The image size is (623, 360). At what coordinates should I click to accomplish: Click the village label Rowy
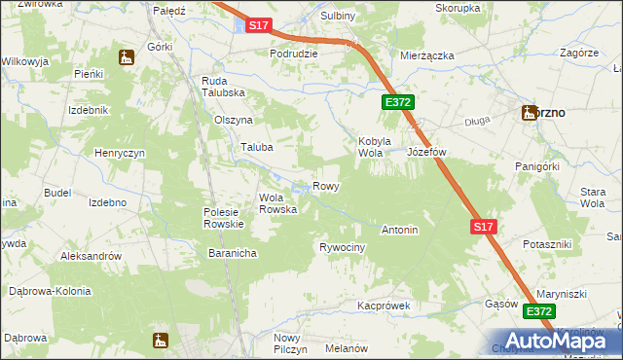coord(325,185)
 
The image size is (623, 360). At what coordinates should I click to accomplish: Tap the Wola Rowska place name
coord(277,203)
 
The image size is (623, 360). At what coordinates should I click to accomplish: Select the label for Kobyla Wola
coord(375,147)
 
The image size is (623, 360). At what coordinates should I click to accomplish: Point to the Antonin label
coord(399,231)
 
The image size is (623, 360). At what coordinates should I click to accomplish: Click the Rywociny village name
coord(342,248)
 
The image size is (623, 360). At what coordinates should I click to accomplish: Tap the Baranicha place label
coord(232,253)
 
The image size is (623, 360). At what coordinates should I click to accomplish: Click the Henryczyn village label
coord(120,154)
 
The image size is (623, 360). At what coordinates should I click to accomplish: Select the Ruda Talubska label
coord(222,87)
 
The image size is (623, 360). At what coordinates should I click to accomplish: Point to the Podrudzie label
coord(294,54)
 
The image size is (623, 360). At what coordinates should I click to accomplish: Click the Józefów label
coord(425,153)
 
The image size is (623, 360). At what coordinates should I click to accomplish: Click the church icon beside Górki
coord(126,57)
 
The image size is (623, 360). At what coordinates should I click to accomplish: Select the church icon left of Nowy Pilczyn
coord(161,341)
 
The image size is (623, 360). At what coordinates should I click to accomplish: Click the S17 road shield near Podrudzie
coord(258,26)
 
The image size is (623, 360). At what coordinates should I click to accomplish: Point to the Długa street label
coord(477,121)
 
